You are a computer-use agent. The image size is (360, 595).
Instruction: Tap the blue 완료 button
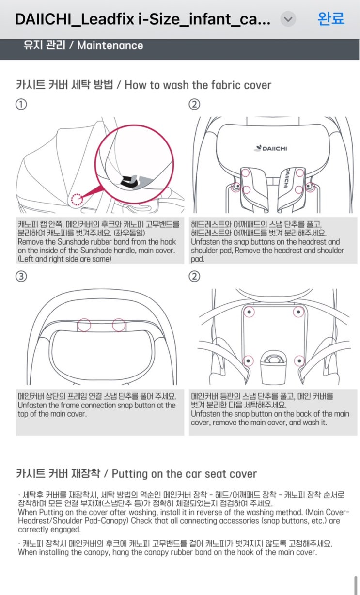click(x=331, y=19)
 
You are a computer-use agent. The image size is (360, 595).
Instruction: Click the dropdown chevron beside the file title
click(x=288, y=19)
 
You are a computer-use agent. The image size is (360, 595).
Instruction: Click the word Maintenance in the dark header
click(x=110, y=46)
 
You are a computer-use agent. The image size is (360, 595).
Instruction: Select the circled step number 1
click(x=21, y=104)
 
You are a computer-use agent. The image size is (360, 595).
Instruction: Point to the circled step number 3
click(x=21, y=276)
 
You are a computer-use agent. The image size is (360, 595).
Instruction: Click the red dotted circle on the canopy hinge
click(x=77, y=200)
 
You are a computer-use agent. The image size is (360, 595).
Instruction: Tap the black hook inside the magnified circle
click(x=129, y=181)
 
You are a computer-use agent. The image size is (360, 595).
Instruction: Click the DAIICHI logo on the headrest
click(x=270, y=148)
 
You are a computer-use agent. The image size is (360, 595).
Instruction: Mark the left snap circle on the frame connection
click(x=84, y=325)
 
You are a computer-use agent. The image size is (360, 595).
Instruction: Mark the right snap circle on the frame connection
click(x=119, y=325)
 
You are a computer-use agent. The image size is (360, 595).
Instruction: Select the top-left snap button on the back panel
click(x=249, y=312)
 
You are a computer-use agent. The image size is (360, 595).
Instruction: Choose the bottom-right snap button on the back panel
click(x=299, y=360)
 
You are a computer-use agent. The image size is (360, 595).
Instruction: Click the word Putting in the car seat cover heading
click(x=129, y=474)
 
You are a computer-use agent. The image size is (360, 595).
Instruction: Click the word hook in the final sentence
click(x=246, y=552)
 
